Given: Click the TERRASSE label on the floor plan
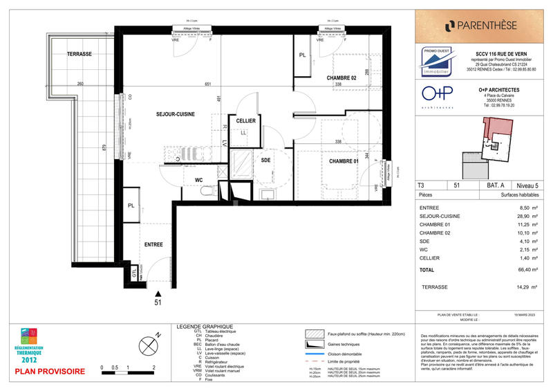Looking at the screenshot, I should (x=79, y=54).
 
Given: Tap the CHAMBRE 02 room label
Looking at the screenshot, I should (x=341, y=78).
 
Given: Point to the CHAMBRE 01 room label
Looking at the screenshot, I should (x=344, y=161).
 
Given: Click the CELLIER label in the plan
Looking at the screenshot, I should (x=245, y=120).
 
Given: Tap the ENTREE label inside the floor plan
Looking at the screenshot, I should (x=154, y=245).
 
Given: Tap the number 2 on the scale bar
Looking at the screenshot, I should (x=153, y=367).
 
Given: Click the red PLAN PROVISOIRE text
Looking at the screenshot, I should (x=50, y=372).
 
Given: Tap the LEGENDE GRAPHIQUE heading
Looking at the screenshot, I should (x=205, y=326).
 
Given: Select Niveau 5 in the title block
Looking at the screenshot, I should (x=529, y=185).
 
